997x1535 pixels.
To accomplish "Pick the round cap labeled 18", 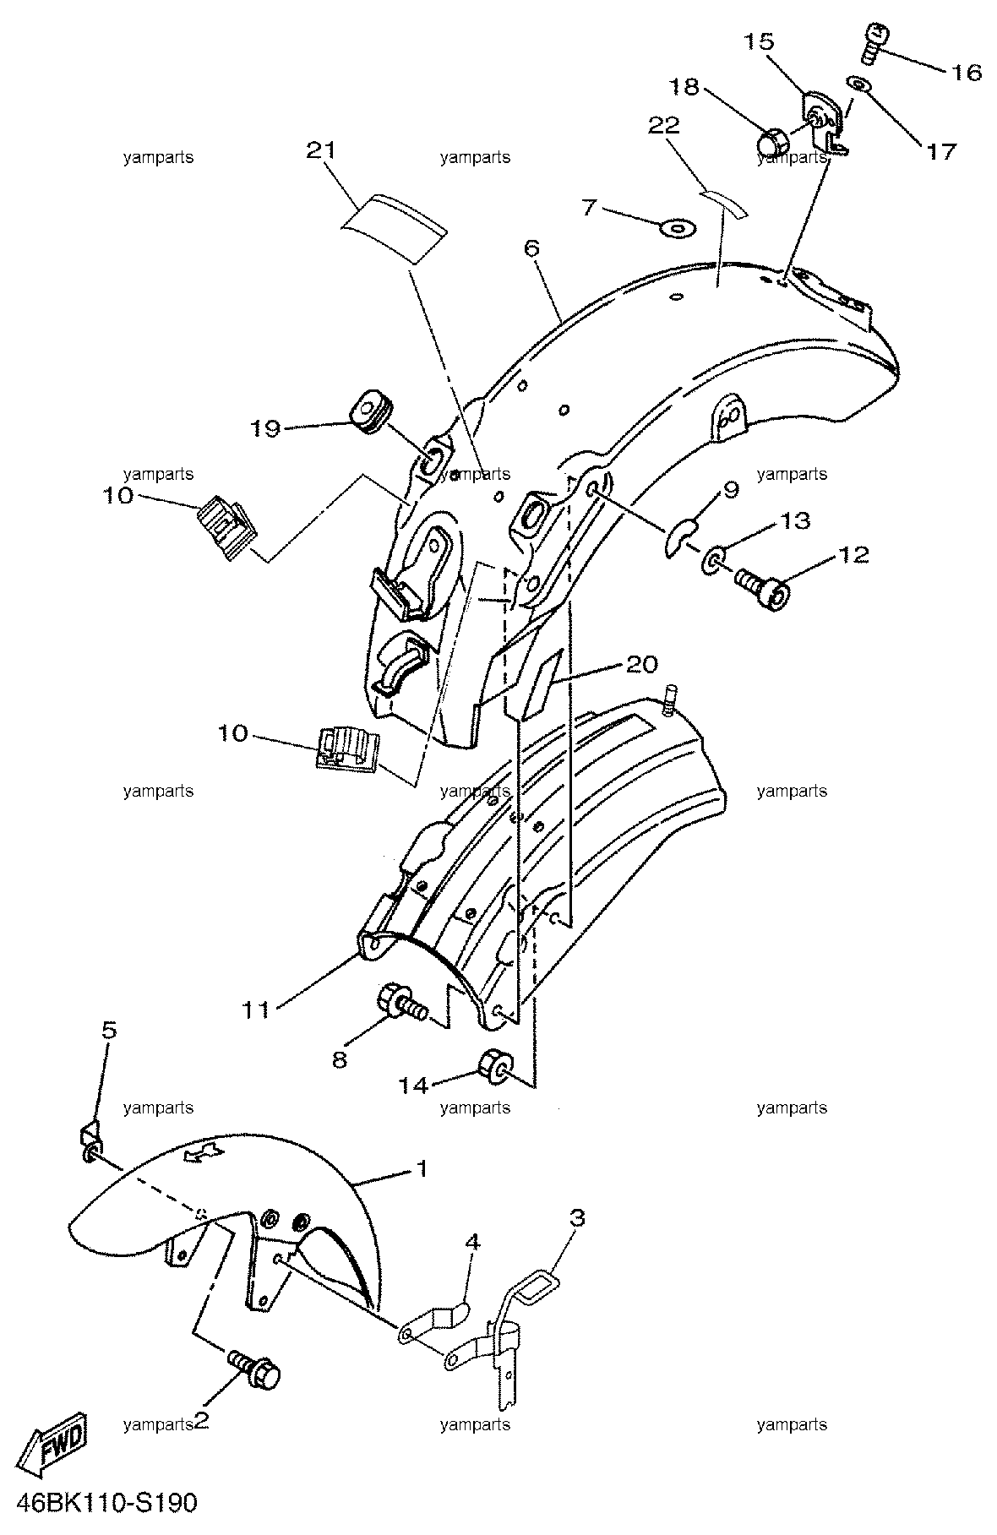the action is point(771,143).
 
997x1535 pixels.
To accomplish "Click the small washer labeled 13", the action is point(713,560).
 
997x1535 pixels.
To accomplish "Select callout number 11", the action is point(257,1010).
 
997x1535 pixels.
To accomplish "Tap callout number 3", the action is point(577,1219).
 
